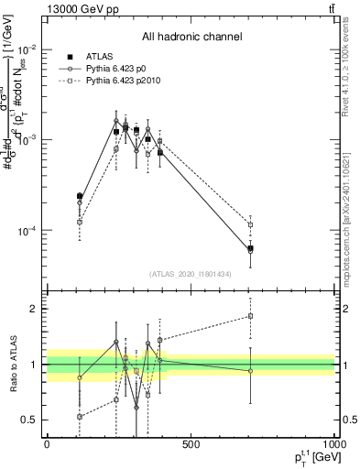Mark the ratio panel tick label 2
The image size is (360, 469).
point(34,309)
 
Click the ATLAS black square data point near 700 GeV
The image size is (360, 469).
point(250,248)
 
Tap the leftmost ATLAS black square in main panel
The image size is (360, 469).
point(80,196)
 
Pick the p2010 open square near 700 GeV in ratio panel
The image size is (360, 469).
point(250,316)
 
